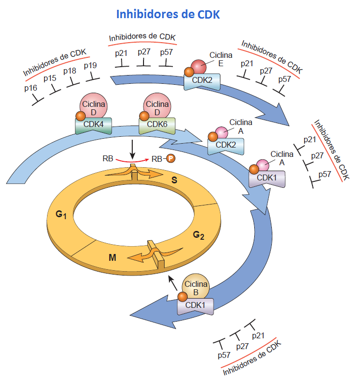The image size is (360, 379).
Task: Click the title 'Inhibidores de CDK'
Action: pos(168,14)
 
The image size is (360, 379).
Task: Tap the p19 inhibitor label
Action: pos(90,65)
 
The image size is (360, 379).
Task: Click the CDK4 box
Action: pos(93,125)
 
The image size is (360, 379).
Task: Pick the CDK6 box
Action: pos(157,125)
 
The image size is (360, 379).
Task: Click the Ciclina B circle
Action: pos(195,287)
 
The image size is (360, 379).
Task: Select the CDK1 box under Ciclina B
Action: pos(199,306)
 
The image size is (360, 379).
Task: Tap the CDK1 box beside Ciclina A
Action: pos(267,177)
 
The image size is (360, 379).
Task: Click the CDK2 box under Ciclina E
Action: pos(202,79)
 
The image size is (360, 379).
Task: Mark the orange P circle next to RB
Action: pos(171,159)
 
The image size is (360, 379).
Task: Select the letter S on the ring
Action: pos(174,180)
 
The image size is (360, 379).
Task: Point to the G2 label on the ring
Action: pos(198,235)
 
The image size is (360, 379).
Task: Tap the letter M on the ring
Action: pos(112,256)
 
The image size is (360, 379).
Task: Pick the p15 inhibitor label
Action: pos(50,78)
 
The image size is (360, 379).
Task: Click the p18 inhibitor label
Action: pos(70,71)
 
